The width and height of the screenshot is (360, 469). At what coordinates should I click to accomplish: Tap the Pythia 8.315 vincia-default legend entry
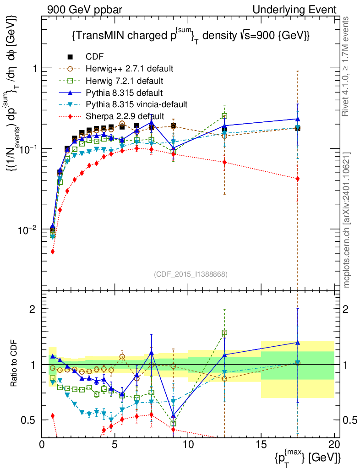point(137,104)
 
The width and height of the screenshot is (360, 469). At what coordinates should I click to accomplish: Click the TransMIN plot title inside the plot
point(191,36)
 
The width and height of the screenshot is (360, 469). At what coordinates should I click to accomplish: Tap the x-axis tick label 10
point(188,444)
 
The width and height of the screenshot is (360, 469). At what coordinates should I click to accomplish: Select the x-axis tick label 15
point(261,444)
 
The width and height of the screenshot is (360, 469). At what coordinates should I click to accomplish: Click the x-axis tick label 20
point(334,444)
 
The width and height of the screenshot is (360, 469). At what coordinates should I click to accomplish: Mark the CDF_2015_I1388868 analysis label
point(190,274)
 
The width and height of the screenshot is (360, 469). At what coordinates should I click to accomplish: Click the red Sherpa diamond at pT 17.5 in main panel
point(298,179)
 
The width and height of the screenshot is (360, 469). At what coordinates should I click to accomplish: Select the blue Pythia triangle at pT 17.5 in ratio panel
point(298,343)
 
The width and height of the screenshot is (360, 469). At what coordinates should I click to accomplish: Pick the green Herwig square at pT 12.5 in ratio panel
point(224,333)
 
